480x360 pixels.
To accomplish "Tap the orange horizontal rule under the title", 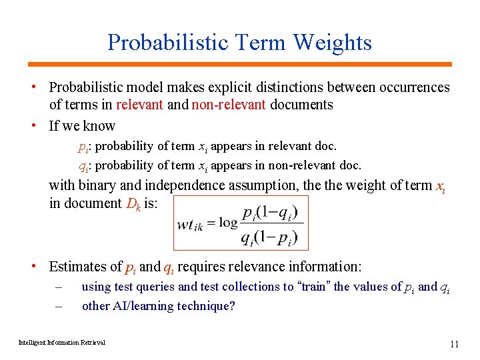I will click(239, 64).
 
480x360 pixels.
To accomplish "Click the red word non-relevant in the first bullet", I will click(229, 105).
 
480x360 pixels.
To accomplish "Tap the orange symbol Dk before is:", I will click(133, 203).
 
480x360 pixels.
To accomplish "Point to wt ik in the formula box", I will click(190, 224).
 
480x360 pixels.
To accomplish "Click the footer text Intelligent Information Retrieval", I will click(62, 343).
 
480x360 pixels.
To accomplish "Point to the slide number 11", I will click(455, 344).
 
